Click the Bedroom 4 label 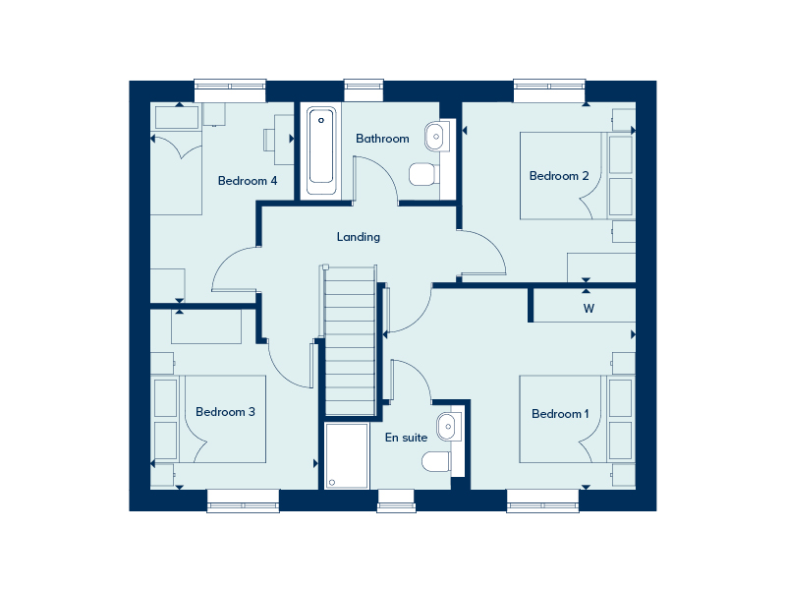[x=248, y=181]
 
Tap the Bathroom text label [x=382, y=139]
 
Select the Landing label [x=359, y=237]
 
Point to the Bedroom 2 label [x=559, y=176]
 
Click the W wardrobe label [x=589, y=309]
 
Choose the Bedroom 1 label [x=560, y=414]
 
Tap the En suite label [x=406, y=438]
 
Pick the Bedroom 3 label [x=226, y=412]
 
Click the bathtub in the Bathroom [x=321, y=150]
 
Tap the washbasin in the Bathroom [x=437, y=136]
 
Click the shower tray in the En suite [x=347, y=455]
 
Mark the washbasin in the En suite [x=448, y=427]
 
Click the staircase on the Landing [x=350, y=340]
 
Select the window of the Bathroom [x=364, y=91]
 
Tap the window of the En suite [x=396, y=501]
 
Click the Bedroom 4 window [x=230, y=91]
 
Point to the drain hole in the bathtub [x=321, y=120]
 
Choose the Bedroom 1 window [x=543, y=501]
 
